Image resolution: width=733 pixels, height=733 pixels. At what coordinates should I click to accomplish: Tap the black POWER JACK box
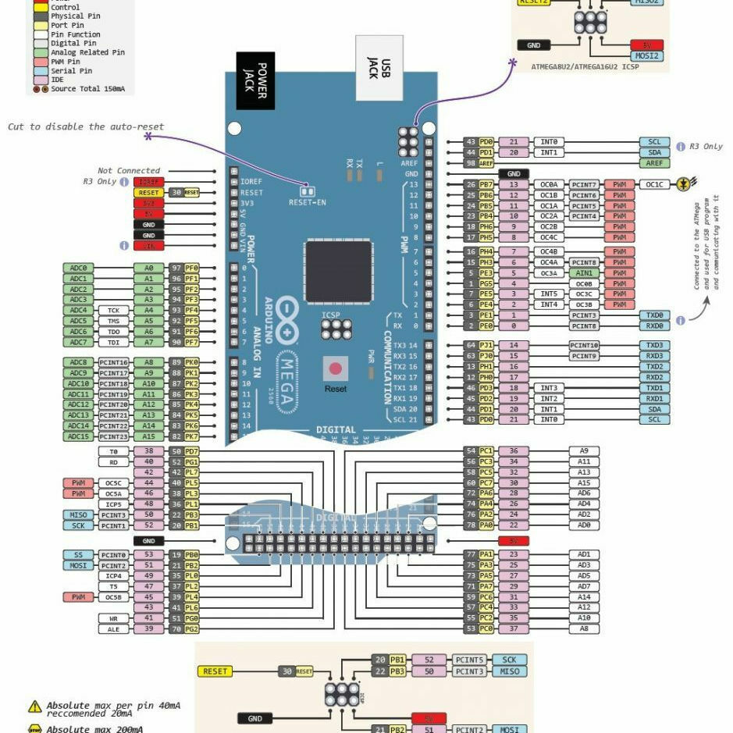(x=256, y=80)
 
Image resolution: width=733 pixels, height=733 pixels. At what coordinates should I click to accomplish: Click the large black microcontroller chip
(x=339, y=272)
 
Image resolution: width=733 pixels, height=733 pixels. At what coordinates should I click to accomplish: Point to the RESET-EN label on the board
(x=307, y=202)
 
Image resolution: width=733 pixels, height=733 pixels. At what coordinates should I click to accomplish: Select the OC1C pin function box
(x=654, y=184)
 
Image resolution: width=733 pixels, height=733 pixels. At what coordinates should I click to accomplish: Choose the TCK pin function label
(x=113, y=310)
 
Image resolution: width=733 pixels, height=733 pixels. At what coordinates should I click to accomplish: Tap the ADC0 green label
(x=78, y=268)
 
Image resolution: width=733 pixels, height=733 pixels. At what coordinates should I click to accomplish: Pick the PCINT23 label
(x=113, y=436)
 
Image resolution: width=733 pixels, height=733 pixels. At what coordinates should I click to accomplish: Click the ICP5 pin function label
(x=113, y=504)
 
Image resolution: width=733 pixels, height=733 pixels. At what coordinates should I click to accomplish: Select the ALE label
(x=113, y=629)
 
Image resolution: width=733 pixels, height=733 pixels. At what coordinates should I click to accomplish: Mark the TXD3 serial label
(x=654, y=345)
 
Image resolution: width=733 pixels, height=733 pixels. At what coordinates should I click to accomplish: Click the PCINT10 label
(x=584, y=345)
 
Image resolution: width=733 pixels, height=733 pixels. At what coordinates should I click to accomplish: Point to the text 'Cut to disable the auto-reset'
(x=86, y=126)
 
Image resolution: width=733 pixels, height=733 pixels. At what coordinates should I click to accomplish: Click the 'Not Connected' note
(x=129, y=170)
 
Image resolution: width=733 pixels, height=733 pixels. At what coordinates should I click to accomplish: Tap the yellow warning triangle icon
(x=35, y=706)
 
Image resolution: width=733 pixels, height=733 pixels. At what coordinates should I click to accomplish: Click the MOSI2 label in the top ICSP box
(x=647, y=56)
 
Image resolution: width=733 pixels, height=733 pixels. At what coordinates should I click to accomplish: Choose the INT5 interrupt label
(x=549, y=294)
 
